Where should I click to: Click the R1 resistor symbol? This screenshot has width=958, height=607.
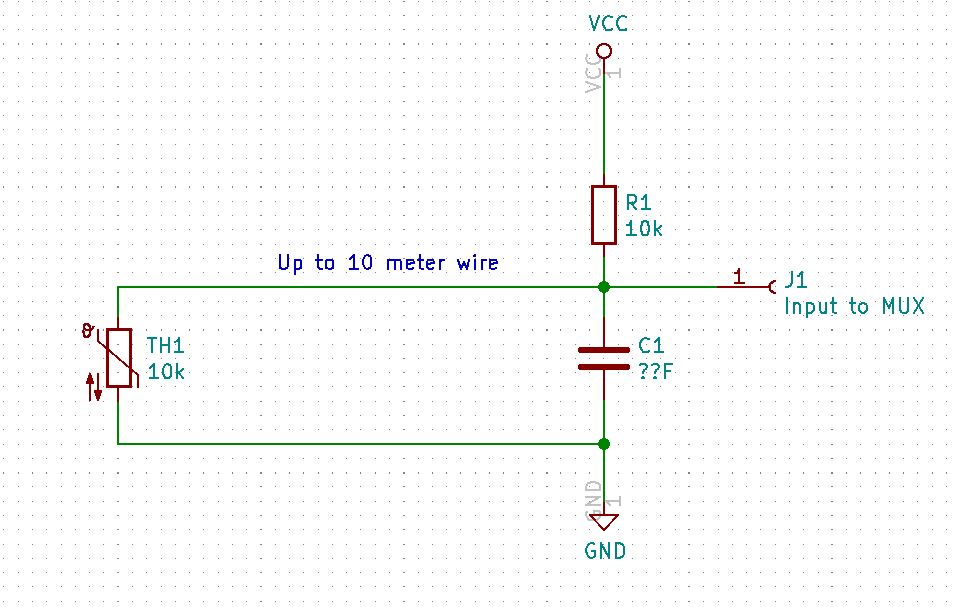603,214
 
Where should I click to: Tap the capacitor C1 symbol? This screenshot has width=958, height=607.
603,358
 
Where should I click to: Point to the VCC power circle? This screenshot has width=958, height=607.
603,50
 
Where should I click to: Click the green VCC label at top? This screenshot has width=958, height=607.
608,23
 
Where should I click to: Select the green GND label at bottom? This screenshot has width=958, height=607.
606,551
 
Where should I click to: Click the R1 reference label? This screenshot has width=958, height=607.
638,203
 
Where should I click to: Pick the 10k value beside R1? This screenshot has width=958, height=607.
644,229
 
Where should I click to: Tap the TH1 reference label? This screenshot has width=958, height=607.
166,346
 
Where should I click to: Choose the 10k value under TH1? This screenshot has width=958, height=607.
166,372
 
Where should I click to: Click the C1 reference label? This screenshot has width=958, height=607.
650,346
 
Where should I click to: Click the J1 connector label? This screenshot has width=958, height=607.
796,280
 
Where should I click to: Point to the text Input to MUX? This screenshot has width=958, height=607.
853,306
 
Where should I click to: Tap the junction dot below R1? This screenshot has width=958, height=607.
603,287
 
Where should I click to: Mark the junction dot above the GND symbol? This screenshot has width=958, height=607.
603,443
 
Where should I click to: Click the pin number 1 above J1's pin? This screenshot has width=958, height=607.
738,275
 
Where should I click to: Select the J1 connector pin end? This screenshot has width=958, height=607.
772,287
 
